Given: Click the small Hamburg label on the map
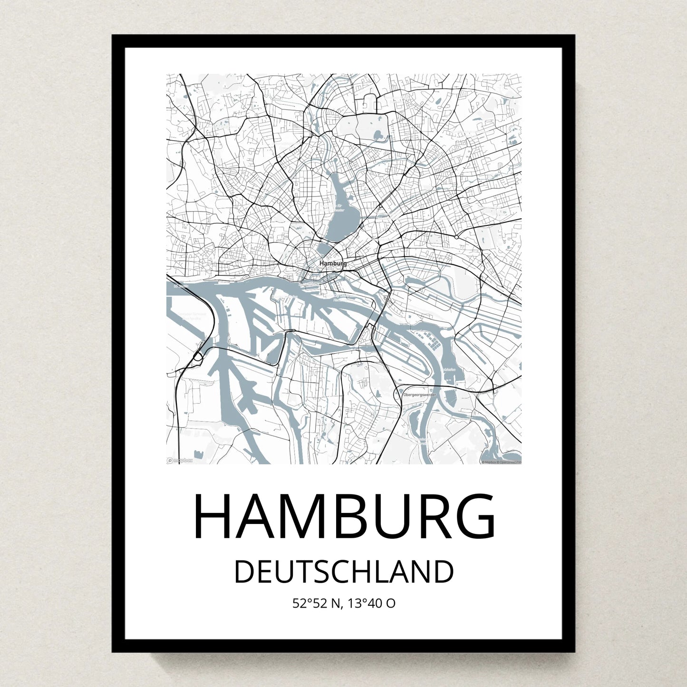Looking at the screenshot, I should point(333,263).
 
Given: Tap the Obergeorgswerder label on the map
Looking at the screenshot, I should point(419,395).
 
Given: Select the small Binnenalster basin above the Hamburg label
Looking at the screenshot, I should point(325,249).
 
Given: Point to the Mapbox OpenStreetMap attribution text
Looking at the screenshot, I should point(501,462).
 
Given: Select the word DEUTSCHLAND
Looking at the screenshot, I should point(343,572).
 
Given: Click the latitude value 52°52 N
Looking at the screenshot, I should point(317,603).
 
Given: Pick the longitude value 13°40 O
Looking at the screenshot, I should point(371,603).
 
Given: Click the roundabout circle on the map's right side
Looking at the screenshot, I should point(456,236).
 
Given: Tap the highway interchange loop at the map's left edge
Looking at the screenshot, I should point(198,357).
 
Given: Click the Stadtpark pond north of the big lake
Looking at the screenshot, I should point(379,135).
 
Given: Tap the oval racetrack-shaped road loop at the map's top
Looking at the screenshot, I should point(369,102).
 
